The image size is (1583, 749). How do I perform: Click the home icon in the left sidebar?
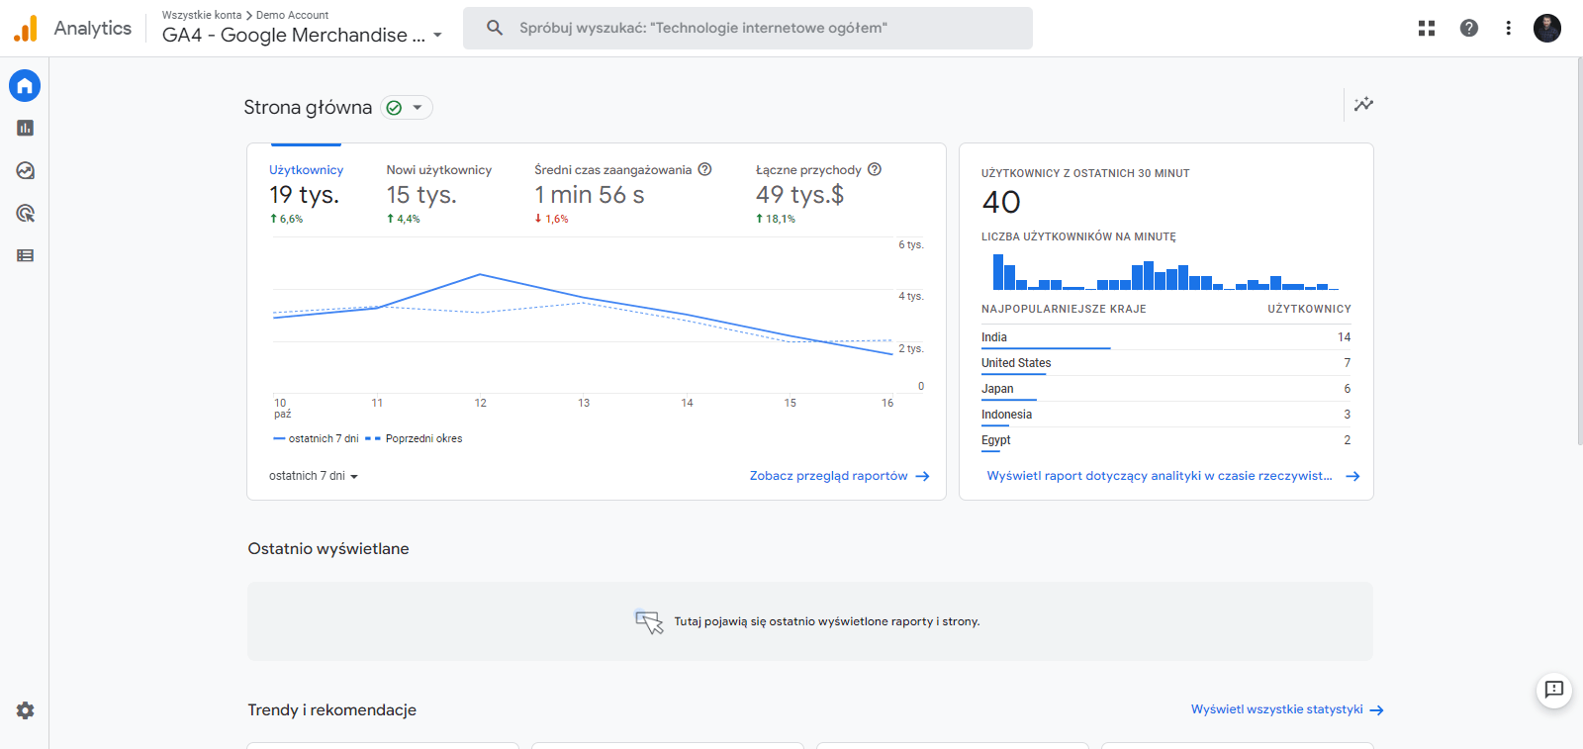pos(25,86)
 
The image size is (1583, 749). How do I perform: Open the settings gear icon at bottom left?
pos(25,710)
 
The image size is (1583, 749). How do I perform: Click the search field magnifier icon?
pos(495,28)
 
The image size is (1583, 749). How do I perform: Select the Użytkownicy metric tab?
pos(306,170)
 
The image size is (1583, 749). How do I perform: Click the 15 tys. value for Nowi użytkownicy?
pos(421,195)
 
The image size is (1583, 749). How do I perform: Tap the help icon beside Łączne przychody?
pos(875,169)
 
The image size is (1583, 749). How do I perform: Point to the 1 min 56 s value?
pos(590,195)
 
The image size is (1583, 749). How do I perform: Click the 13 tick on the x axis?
pos(584,403)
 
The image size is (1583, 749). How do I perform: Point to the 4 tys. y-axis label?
pos(910,296)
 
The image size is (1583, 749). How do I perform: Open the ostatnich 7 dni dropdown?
pos(313,476)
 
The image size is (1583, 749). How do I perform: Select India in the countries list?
pos(994,337)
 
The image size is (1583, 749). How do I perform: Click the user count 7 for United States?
pos(1347,363)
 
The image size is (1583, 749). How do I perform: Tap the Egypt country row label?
pos(995,440)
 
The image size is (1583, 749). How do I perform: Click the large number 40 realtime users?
pos(1001,203)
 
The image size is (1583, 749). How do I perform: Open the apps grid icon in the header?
pos(1426,28)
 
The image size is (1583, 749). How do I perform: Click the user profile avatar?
pos(1546,28)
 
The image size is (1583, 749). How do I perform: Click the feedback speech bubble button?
pos(1553,690)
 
